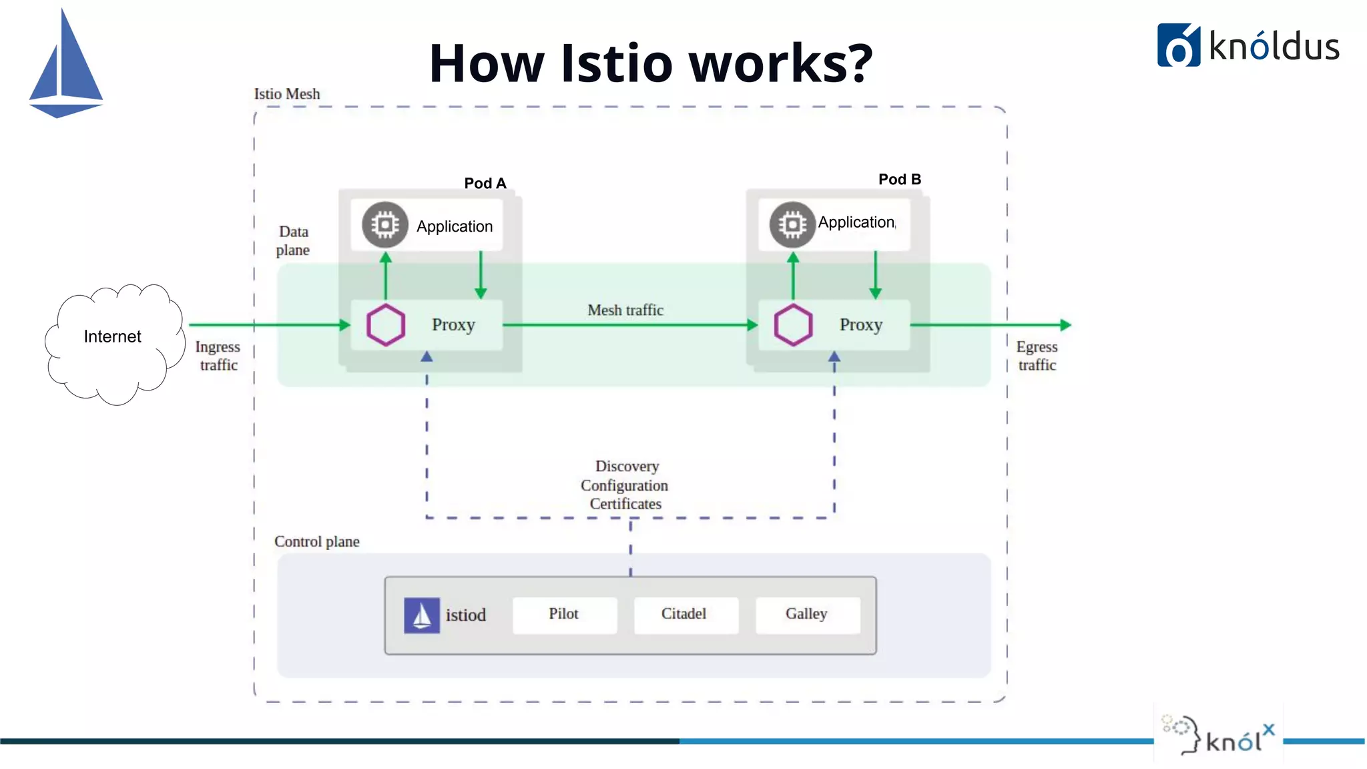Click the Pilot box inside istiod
(x=564, y=614)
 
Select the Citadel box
(x=685, y=614)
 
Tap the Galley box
(x=807, y=614)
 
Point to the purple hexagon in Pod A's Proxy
(x=386, y=325)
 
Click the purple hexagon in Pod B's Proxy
(x=793, y=325)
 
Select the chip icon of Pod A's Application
(x=385, y=225)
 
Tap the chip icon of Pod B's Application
(x=792, y=225)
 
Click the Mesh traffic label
(x=625, y=310)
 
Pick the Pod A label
(x=485, y=184)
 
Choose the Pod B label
(x=899, y=180)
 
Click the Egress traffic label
(x=1037, y=356)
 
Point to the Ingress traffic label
(x=218, y=356)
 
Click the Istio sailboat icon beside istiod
(x=422, y=615)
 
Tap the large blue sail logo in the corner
(x=65, y=67)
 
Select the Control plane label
(x=317, y=541)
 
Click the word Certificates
(x=625, y=504)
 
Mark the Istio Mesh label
(x=287, y=94)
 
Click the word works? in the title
(x=780, y=63)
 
